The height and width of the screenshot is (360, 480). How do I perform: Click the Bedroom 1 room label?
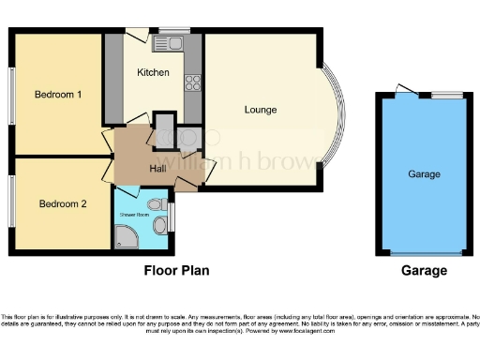(x=58, y=95)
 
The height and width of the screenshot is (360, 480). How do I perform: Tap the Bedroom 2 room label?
(x=63, y=203)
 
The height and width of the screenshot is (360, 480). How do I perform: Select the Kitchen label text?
(x=153, y=72)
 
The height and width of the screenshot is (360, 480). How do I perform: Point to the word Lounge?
(x=261, y=110)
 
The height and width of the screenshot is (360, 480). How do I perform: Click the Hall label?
(x=157, y=169)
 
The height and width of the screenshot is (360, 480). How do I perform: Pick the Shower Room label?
(x=134, y=215)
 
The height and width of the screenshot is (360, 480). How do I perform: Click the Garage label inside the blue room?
(x=424, y=174)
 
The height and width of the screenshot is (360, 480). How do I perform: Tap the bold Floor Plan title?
(x=176, y=271)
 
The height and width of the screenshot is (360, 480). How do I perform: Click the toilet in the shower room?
(x=157, y=203)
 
